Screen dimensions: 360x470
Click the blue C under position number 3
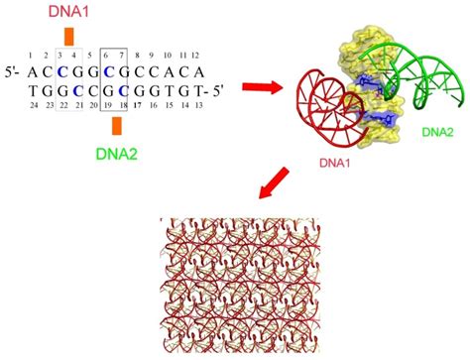click(61, 71)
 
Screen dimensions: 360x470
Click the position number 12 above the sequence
click(196, 56)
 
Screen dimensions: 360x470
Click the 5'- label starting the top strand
click(17, 72)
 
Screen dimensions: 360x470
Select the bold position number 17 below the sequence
click(137, 103)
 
